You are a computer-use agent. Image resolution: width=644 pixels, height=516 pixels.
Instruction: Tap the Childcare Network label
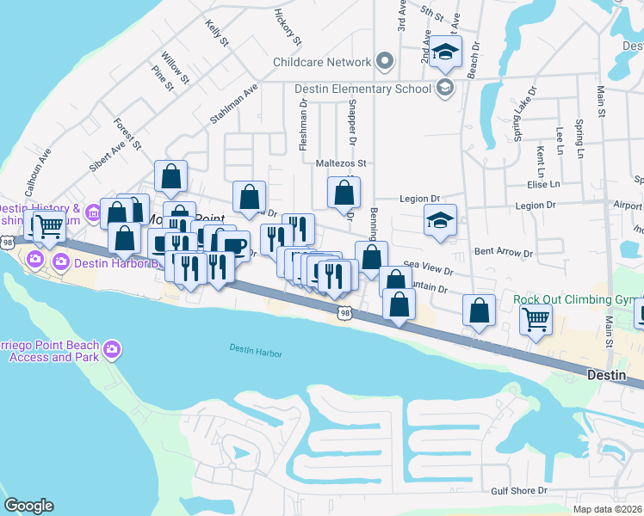point(321,62)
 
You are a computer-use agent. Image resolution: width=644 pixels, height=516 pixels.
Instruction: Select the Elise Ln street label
point(542,184)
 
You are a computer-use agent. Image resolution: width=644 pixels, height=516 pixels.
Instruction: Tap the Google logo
point(28,506)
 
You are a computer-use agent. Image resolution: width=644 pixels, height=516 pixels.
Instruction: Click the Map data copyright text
point(605,509)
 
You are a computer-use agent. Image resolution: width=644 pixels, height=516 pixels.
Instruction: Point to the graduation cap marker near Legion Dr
point(441,221)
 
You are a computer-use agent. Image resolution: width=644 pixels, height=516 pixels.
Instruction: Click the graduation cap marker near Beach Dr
point(446,52)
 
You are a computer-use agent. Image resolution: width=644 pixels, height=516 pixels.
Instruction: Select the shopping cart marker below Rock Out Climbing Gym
point(536,320)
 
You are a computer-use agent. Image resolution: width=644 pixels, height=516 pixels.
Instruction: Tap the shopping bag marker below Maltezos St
point(344,193)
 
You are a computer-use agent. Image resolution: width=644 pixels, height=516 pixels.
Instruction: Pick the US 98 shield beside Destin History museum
point(7,243)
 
